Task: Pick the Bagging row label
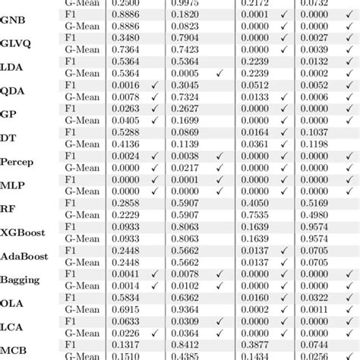(x=21, y=279)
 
